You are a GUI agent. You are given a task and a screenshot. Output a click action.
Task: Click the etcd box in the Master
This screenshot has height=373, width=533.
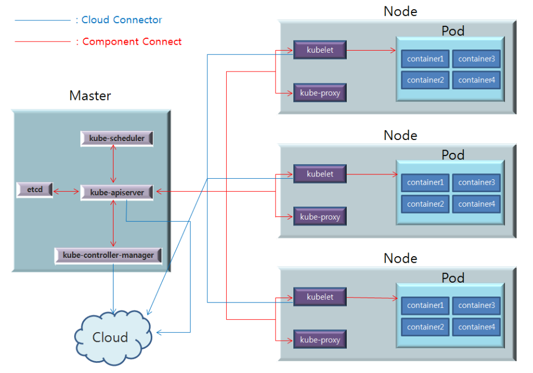pyautogui.click(x=35, y=190)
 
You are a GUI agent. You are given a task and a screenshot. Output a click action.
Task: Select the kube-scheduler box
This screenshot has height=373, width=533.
pyautogui.click(x=117, y=138)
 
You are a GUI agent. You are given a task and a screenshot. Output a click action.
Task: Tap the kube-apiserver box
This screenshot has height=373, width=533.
pyautogui.click(x=117, y=192)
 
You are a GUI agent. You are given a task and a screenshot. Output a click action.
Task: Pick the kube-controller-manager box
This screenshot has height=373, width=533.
pyautogui.click(x=108, y=255)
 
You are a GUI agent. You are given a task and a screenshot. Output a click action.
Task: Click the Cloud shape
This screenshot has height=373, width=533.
pyautogui.click(x=110, y=337)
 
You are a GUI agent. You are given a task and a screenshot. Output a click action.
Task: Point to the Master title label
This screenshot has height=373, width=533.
pyautogui.click(x=90, y=96)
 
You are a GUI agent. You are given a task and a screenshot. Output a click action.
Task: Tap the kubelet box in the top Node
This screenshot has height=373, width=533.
pyautogui.click(x=320, y=50)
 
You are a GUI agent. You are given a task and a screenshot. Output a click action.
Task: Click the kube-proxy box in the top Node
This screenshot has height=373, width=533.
pyautogui.click(x=320, y=93)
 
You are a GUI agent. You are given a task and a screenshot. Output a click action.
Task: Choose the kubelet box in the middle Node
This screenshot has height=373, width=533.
pyautogui.click(x=320, y=174)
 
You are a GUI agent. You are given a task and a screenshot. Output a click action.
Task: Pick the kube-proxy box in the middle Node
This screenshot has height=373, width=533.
pyautogui.click(x=320, y=217)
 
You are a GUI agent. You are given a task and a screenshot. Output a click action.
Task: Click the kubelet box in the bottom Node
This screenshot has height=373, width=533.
pyautogui.click(x=320, y=297)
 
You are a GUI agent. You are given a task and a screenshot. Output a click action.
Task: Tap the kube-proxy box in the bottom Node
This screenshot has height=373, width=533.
pyautogui.click(x=320, y=340)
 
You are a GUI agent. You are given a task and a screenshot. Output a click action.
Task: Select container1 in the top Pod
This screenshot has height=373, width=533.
pyautogui.click(x=425, y=59)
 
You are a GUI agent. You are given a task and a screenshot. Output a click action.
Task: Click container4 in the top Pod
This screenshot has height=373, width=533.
pyautogui.click(x=476, y=80)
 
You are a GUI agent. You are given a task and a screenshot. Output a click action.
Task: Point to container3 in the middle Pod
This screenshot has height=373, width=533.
pyautogui.click(x=476, y=182)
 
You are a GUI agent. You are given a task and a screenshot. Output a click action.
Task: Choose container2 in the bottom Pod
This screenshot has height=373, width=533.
pyautogui.click(x=425, y=327)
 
